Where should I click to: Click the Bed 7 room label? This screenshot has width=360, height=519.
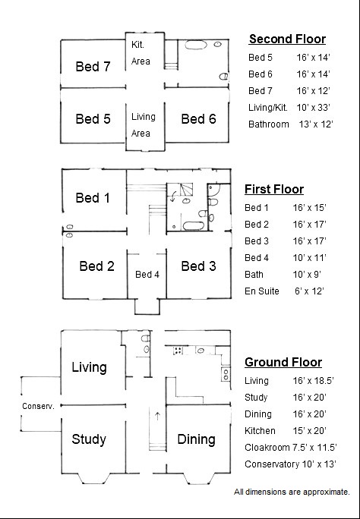93,66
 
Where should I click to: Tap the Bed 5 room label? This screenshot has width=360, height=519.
93,118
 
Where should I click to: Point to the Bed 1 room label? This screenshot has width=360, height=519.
93,198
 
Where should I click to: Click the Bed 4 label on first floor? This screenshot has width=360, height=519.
147,274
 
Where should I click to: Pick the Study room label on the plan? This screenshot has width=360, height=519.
89,439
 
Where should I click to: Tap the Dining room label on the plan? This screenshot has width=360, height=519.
196,439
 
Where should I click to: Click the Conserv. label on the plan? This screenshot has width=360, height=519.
37,406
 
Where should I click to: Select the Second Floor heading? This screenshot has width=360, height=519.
287,39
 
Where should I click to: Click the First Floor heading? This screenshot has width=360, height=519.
273,189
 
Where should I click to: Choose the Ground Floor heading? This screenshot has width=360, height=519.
283,362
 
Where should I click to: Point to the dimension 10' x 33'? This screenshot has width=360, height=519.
314,107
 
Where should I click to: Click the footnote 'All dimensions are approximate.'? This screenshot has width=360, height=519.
292,492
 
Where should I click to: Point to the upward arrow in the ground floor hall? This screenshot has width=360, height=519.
157,415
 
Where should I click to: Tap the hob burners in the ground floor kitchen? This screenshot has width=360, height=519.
178,351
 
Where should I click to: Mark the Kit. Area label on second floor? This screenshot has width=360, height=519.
141,53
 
